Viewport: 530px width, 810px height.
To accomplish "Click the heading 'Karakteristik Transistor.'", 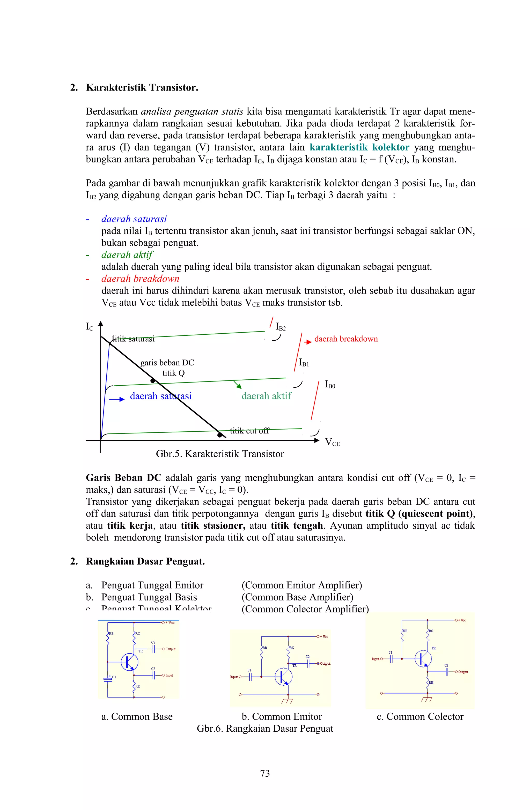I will point(142,87).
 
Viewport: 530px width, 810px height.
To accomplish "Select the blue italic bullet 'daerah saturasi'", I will point(134,219).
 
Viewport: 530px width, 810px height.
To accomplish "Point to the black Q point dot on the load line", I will point(153,380).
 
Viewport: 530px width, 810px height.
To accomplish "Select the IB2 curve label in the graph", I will point(280,327).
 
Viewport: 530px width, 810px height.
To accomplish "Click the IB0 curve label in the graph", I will point(330,385).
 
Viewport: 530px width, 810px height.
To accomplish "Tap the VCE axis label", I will point(332,442).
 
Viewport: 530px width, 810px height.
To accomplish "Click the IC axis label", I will point(89,327).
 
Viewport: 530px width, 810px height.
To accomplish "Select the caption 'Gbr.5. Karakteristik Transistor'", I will point(220,454).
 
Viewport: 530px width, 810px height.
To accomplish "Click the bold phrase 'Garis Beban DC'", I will point(123,478).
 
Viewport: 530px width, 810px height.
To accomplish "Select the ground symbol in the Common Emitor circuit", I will point(287,701).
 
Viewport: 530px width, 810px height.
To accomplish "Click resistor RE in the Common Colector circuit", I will point(428,682).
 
